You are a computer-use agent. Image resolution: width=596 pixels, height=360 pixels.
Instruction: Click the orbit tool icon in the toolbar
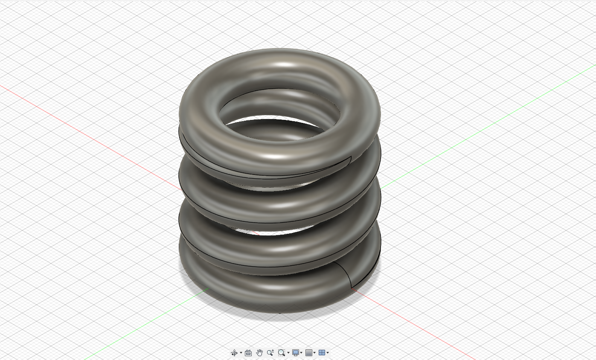[x=234, y=353]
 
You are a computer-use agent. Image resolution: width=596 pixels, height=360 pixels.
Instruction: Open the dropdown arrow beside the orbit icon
[x=241, y=353]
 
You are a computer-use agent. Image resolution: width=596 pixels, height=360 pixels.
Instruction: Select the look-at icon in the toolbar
[x=248, y=353]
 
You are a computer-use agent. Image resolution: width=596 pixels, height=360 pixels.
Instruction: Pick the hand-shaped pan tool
[x=259, y=353]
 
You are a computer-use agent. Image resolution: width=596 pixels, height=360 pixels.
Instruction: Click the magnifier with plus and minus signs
[x=270, y=353]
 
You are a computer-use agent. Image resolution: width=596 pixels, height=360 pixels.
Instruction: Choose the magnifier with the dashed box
[x=281, y=353]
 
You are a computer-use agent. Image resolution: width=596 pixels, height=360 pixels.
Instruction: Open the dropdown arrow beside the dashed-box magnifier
[x=288, y=353]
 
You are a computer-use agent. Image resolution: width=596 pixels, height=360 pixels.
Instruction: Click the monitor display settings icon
[x=295, y=353]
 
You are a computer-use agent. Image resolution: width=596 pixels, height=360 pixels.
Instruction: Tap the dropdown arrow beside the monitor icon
[x=301, y=353]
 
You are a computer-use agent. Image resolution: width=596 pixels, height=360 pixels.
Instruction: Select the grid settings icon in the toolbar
[x=309, y=353]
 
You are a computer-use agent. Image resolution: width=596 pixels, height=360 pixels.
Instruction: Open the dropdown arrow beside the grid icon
[x=314, y=353]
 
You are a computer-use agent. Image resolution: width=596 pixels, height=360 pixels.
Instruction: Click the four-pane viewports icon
[x=322, y=353]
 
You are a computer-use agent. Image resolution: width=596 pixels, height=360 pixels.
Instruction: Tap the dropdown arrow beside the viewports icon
[x=328, y=353]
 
